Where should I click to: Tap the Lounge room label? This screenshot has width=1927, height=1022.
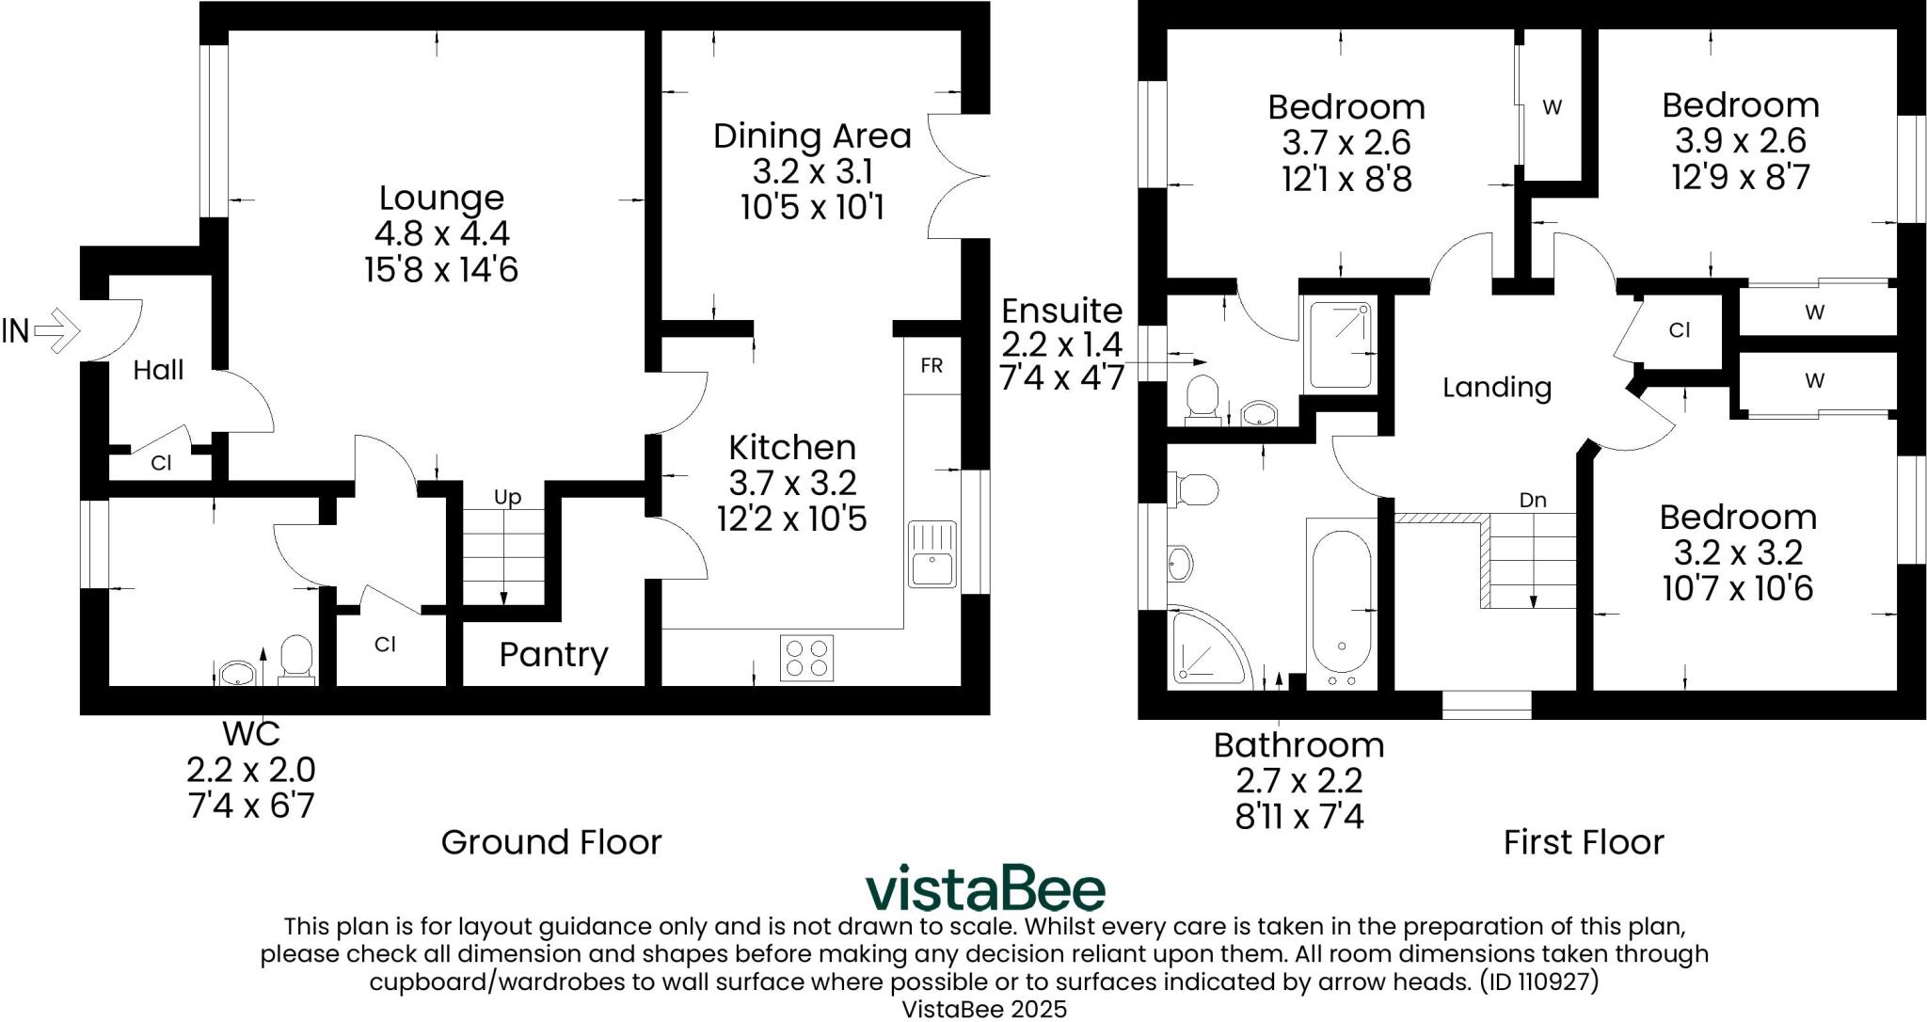pos(441,198)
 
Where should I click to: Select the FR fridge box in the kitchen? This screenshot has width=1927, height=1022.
pos(931,365)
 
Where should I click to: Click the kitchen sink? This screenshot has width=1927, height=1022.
pos(932,554)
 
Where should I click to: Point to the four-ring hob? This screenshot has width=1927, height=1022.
pos(807,657)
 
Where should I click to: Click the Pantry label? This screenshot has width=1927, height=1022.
pos(553,654)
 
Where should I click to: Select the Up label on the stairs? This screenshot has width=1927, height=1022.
pos(507,497)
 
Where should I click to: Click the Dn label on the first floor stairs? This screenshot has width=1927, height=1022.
pos(1533,500)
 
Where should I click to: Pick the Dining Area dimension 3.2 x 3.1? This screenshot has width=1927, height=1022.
pos(812,171)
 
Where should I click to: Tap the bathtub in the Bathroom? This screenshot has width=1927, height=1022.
pos(1341,604)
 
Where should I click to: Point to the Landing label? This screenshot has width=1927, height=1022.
pos(1496,387)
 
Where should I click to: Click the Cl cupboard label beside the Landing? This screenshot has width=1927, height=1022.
pos(1680,330)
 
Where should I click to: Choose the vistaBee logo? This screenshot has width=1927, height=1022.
pos(985,888)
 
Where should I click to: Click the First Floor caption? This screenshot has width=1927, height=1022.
pos(1583,841)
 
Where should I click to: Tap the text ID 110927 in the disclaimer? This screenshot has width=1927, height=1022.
pos(1538,982)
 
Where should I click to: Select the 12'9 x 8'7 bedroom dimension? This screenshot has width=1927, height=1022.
pos(1740,177)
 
